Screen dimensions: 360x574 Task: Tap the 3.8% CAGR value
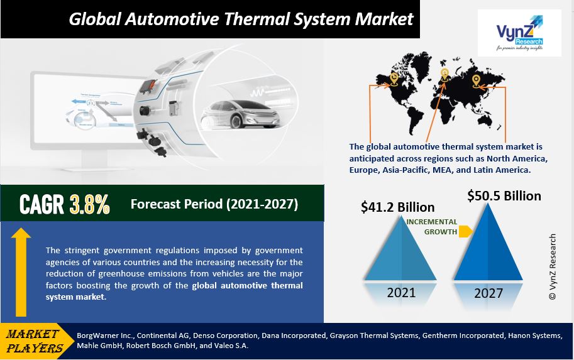90,204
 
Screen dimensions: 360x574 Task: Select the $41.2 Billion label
397,207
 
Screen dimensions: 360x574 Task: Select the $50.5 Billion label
504,196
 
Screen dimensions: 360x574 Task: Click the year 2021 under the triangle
401,292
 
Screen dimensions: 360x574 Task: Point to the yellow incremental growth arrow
465,232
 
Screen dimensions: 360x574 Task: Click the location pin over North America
394,79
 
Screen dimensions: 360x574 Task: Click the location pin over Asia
477,80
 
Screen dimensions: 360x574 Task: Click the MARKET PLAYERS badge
35,341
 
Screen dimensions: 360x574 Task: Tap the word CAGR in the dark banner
41,204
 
